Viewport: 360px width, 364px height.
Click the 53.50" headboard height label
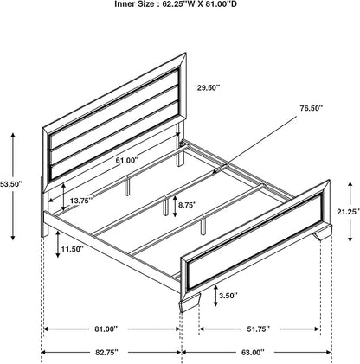click(11, 183)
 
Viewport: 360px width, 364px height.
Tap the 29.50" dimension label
click(209, 87)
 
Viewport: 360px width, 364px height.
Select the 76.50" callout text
click(311, 108)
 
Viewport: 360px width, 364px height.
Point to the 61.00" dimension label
click(127, 160)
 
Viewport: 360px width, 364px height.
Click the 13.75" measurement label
click(81, 201)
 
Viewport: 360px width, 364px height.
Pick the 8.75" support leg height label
click(188, 205)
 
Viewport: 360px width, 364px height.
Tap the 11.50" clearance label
click(72, 248)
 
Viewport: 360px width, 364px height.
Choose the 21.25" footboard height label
click(349, 212)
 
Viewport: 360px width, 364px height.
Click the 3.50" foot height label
click(228, 295)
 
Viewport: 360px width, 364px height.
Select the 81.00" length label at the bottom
click(106, 329)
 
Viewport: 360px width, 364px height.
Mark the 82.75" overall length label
click(106, 352)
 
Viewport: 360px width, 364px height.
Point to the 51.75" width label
click(258, 329)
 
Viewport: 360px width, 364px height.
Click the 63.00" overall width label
click(253, 352)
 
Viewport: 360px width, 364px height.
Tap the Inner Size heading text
click(176, 4)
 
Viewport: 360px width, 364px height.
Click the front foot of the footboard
click(189, 305)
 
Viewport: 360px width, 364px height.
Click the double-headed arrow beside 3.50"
click(215, 296)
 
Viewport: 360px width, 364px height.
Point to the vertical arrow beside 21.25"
click(350, 212)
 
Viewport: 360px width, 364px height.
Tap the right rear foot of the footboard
click(322, 233)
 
